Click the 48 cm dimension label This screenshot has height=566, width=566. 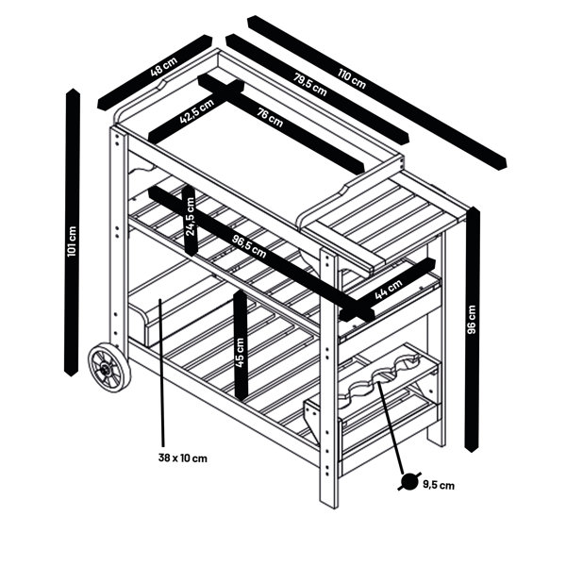tap(164, 66)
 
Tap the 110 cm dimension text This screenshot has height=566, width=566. tap(352, 79)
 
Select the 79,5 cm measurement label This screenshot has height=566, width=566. tap(309, 85)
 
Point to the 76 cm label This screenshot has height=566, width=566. tap(270, 117)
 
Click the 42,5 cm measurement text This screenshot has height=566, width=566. tap(197, 111)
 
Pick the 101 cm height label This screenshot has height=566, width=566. tap(72, 241)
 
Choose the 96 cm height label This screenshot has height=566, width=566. tap(472, 320)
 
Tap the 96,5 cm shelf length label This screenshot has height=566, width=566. tap(249, 247)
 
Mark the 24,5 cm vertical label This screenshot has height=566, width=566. tap(190, 217)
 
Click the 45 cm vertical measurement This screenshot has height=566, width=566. tap(240, 353)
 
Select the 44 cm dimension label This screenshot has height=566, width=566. tap(389, 290)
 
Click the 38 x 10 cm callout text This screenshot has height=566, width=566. tap(183, 458)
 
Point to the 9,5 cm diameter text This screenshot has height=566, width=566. tap(439, 485)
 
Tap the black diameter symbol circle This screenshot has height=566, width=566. tap(409, 481)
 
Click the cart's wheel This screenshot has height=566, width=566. tap(109, 368)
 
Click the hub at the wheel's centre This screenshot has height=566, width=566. tap(106, 369)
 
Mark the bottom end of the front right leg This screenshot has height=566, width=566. tap(329, 506)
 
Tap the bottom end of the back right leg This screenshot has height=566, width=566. tap(437, 443)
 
